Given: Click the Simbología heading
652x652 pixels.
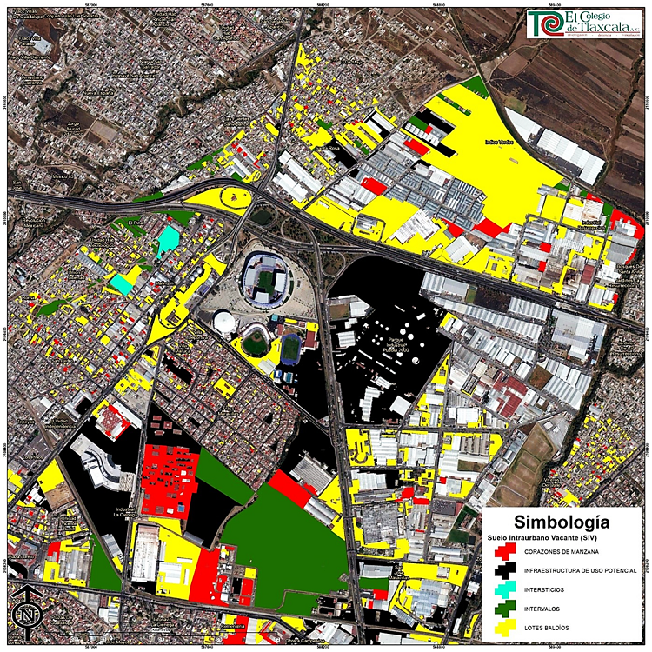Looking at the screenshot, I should (x=561, y=522).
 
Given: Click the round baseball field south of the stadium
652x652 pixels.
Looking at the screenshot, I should (x=254, y=342).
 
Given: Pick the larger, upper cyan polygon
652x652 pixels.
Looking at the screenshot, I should (x=167, y=241).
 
